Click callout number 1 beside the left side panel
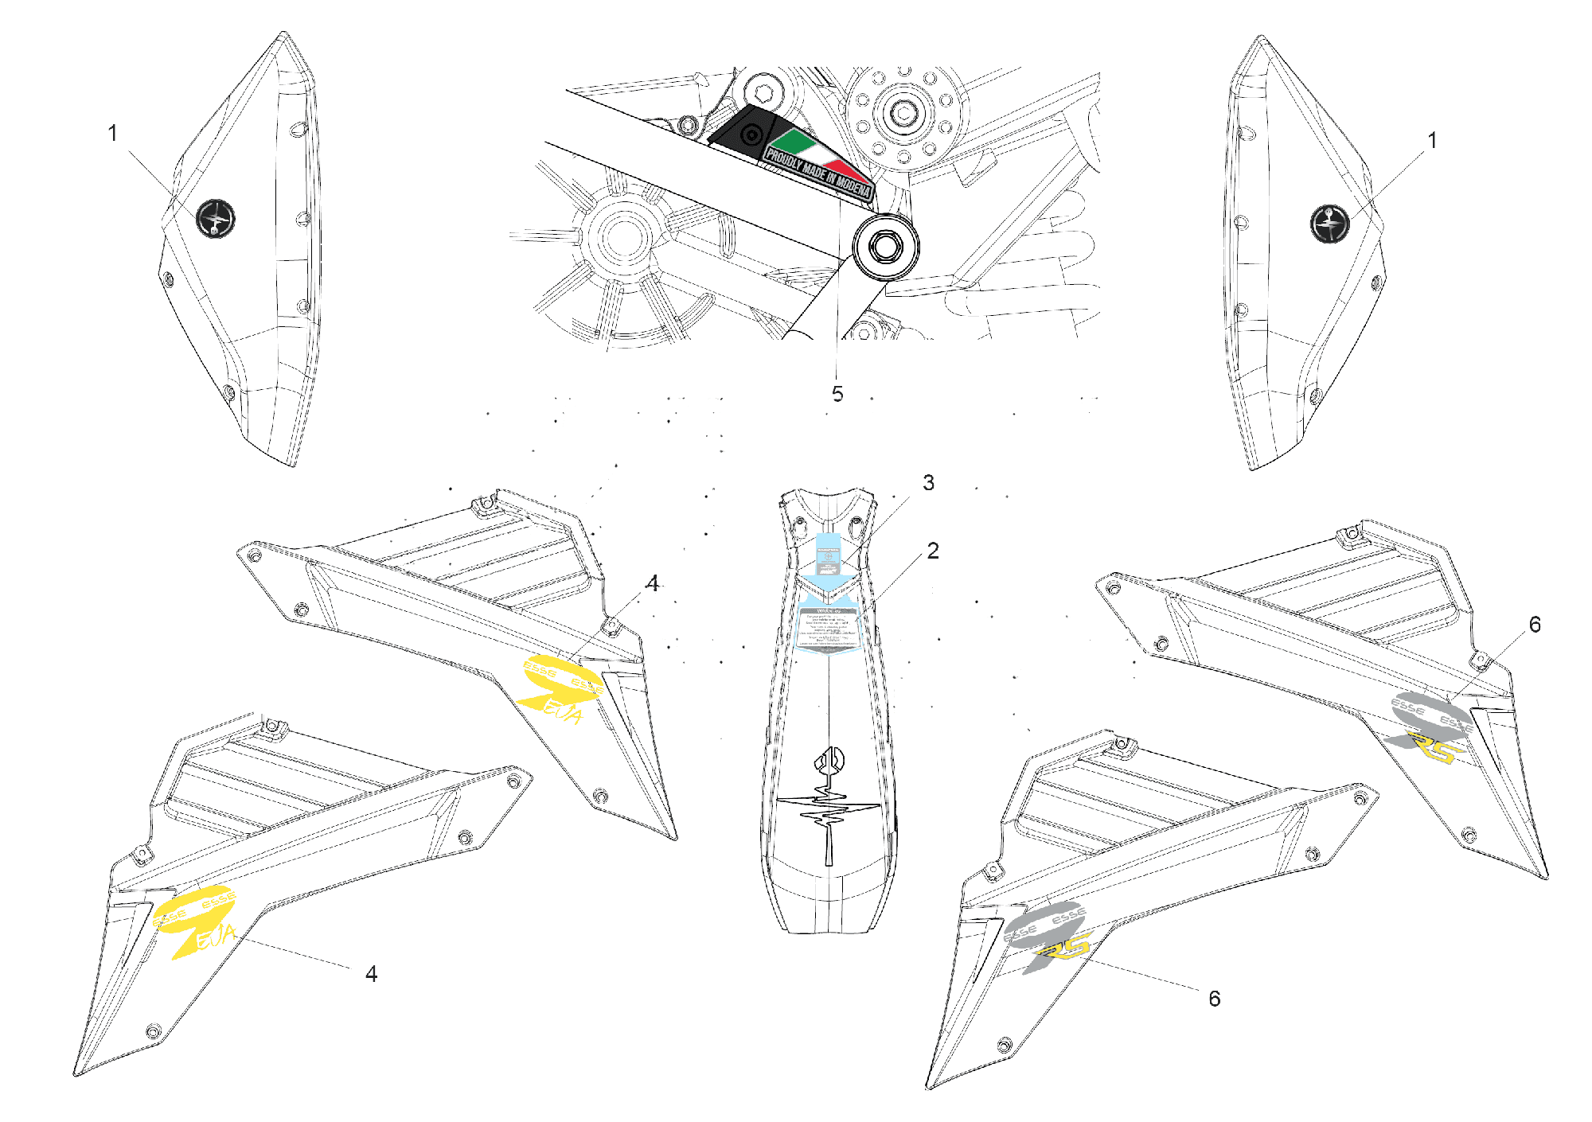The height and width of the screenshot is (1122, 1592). click(x=113, y=133)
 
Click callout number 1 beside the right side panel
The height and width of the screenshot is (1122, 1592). click(x=1432, y=141)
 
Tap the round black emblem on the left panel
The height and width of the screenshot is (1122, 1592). click(x=216, y=218)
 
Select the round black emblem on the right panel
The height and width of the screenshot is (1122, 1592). click(x=1329, y=223)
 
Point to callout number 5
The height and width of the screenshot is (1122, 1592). click(x=837, y=394)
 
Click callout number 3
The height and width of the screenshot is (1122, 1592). click(x=928, y=483)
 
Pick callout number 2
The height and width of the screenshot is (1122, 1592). click(x=933, y=551)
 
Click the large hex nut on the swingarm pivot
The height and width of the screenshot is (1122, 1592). click(x=884, y=247)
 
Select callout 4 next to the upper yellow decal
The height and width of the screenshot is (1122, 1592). click(x=653, y=584)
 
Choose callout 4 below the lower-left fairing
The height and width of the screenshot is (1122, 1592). click(x=371, y=974)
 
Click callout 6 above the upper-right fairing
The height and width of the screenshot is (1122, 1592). click(x=1535, y=625)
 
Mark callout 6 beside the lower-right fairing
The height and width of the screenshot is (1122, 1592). click(x=1214, y=999)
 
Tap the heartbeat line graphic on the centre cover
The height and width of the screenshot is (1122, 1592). click(x=829, y=812)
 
